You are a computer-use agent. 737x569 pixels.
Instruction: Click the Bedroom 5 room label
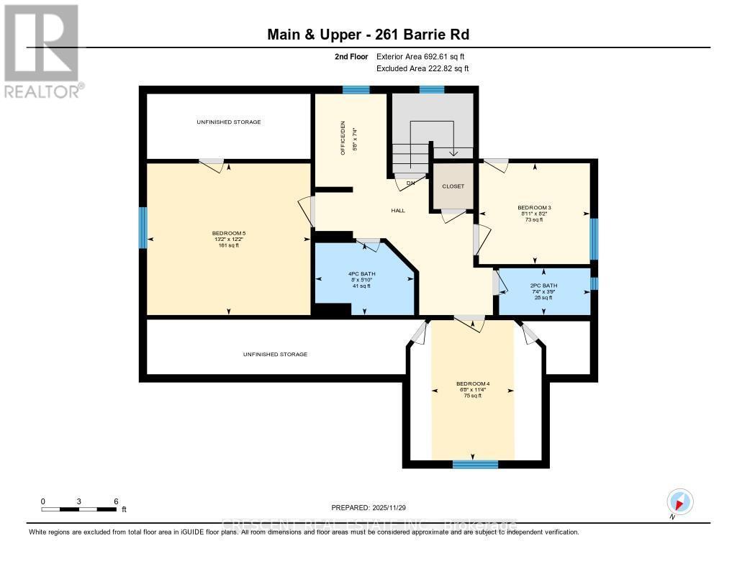(228, 233)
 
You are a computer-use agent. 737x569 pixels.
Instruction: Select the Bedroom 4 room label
(473, 383)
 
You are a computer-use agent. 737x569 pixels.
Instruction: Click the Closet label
(453, 186)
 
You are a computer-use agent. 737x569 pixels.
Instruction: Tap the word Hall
(398, 211)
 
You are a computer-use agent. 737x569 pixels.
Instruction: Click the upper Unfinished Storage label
(228, 122)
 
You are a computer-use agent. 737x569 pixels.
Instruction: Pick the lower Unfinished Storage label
(275, 355)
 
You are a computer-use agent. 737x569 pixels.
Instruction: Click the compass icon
(679, 501)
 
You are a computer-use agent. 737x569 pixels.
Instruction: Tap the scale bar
(79, 509)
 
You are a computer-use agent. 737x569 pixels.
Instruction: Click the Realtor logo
(42, 50)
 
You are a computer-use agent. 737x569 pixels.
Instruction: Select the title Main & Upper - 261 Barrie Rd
(368, 35)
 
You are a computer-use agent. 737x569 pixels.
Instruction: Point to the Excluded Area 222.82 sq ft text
(422, 68)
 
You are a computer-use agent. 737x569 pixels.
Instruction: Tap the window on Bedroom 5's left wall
(143, 228)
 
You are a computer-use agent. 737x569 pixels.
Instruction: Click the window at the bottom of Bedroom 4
(475, 464)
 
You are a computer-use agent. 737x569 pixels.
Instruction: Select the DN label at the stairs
(411, 183)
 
